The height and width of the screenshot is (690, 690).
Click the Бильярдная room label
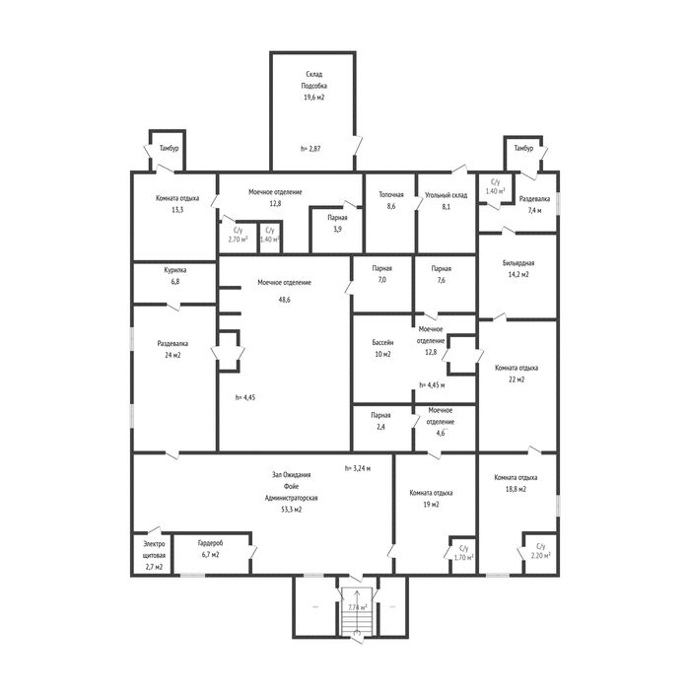click(518, 263)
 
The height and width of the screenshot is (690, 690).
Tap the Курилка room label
click(175, 270)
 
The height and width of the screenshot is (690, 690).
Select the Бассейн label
click(382, 342)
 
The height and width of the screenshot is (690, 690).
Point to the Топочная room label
click(391, 194)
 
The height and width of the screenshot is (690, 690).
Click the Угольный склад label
click(447, 195)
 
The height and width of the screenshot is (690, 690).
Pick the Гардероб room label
click(210, 543)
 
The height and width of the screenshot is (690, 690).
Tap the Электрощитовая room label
click(154, 550)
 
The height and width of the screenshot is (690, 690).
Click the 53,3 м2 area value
click(292, 510)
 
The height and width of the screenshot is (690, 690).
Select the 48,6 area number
click(284, 300)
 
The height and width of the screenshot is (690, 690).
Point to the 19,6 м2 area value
click(313, 98)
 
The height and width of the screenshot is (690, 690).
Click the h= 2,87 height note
click(310, 149)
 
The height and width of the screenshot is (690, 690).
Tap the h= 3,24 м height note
click(357, 468)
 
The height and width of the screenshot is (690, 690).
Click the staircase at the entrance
click(357, 615)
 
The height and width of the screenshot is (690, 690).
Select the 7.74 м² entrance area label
click(357, 607)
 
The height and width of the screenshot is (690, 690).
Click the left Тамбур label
click(169, 148)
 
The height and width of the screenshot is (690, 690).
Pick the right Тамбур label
click(523, 148)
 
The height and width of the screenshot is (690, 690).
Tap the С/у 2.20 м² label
click(541, 551)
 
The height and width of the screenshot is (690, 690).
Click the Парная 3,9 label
click(337, 223)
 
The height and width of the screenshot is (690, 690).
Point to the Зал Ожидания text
click(292, 475)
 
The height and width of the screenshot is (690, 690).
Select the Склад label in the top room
click(314, 74)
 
